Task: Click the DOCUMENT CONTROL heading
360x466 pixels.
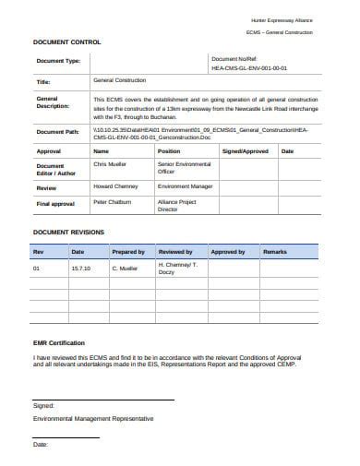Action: coord(67,43)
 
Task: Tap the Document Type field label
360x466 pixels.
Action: coord(58,62)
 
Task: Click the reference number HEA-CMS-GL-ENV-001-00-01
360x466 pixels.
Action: coord(249,68)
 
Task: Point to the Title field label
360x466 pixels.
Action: coord(42,81)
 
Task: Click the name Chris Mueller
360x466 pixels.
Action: coord(110,163)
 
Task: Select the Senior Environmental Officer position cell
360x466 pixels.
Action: coord(180,167)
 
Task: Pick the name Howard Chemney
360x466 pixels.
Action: coord(115,185)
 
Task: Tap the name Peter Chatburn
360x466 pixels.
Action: coord(113,200)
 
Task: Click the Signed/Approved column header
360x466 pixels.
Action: coord(246,150)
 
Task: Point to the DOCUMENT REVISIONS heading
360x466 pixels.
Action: coord(69,232)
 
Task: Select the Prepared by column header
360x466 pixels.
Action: coord(127,251)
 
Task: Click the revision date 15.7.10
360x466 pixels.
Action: coord(79,269)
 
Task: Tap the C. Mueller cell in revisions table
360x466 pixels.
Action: coord(125,269)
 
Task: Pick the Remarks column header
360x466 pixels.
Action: coord(275,251)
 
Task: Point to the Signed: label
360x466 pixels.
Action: coord(43,404)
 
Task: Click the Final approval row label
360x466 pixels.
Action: coord(55,203)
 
